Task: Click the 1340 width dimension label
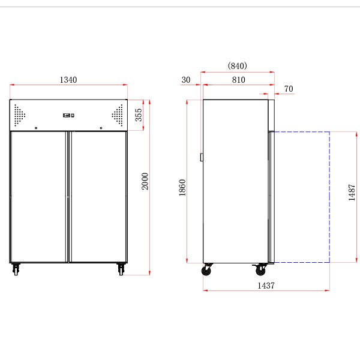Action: [x=68, y=80]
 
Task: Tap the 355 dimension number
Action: [x=139, y=115]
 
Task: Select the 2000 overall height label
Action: [x=145, y=181]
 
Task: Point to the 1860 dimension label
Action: [x=182, y=188]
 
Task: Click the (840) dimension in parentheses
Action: [x=238, y=65]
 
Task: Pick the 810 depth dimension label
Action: [x=238, y=80]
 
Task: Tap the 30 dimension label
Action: [x=186, y=80]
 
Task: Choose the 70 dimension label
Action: [x=289, y=89]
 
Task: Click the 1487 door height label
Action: [x=352, y=193]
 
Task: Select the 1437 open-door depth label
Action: [x=266, y=286]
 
